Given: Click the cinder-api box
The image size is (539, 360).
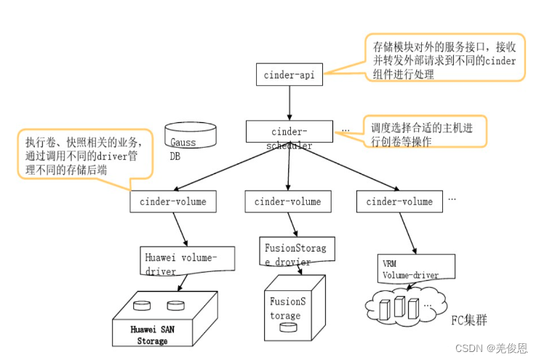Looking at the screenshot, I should point(289,73).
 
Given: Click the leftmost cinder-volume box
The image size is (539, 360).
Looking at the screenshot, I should point(172,201).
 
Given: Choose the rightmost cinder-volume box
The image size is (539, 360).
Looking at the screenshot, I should point(399,201).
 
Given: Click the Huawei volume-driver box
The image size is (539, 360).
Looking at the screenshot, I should point(188,262).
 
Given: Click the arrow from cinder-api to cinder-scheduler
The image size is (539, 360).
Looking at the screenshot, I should point(289,102).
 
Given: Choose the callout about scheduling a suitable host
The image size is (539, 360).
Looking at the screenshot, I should point(422,133).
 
